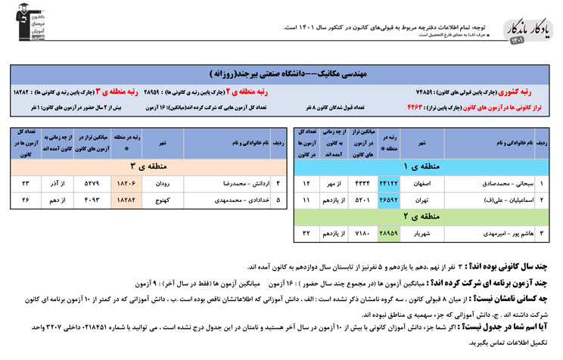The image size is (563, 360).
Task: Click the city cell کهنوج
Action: (x=162, y=200)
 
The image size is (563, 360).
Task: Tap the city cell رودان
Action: (x=162, y=184)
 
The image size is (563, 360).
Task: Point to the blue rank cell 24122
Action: (x=388, y=184)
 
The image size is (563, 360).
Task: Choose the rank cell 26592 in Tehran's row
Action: (x=388, y=200)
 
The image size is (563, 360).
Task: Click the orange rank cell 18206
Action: (x=124, y=184)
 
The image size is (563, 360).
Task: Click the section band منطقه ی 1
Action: (x=423, y=166)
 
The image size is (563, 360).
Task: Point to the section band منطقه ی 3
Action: (x=144, y=166)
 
